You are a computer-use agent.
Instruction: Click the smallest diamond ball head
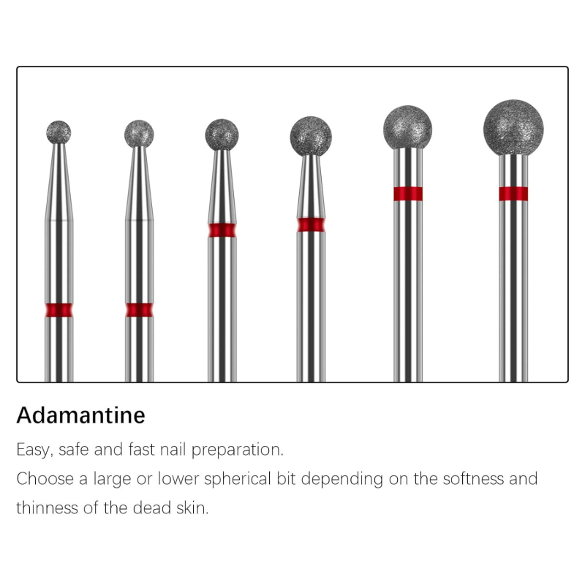coord(58,132)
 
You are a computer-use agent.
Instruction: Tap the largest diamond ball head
coord(513,127)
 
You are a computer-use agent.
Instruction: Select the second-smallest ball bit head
coord(139,134)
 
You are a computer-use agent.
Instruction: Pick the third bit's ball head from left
coord(222,135)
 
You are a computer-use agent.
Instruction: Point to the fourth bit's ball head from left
coord(311,136)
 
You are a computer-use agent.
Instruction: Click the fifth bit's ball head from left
coord(408,127)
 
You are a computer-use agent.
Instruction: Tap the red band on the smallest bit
coord(59,310)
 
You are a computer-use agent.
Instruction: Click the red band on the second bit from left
coord(139,310)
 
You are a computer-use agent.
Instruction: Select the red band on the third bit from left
coord(222,230)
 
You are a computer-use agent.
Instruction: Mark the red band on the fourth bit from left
coord(311,224)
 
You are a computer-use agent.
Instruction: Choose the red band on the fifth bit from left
coord(408,194)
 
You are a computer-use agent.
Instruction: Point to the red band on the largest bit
coord(513,194)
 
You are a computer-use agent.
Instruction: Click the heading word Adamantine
coord(80,415)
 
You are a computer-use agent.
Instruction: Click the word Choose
coord(45,479)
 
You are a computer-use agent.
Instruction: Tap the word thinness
coord(47,508)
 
